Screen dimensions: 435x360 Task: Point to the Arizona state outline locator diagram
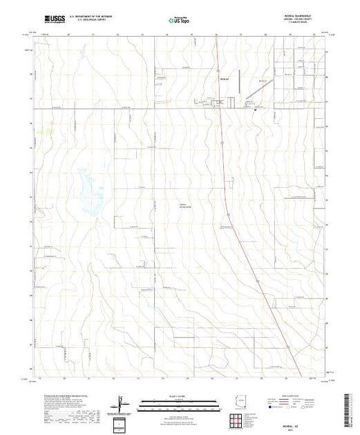[243, 402]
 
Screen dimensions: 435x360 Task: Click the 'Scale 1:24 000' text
[179, 396]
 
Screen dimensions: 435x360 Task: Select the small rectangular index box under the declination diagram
[122, 422]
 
